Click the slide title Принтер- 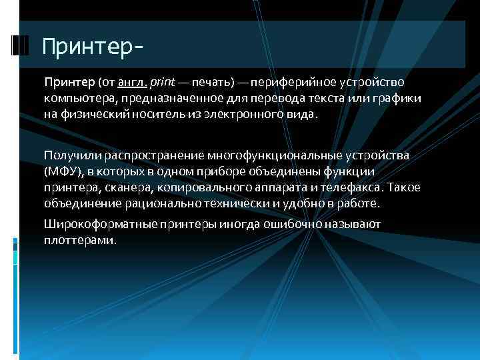pyautogui.click(x=91, y=47)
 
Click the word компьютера pyautogui.click(x=75, y=99)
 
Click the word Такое pyautogui.click(x=405, y=187)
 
